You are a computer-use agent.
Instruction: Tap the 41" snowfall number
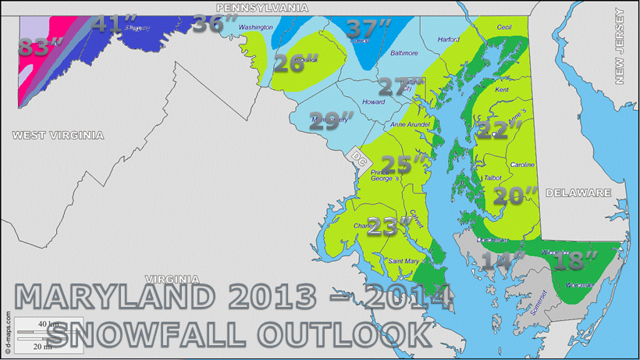pyautogui.click(x=108, y=23)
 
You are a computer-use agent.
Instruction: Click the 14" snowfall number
pyautogui.click(x=500, y=260)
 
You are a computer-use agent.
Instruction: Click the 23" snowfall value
pyautogui.click(x=389, y=227)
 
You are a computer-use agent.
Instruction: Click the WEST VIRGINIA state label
pyautogui.click(x=58, y=135)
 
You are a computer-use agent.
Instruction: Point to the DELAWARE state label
pyautogui.click(x=578, y=192)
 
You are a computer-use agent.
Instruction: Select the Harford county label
pyautogui.click(x=449, y=39)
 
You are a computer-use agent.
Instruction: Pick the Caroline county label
pyautogui.click(x=522, y=166)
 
